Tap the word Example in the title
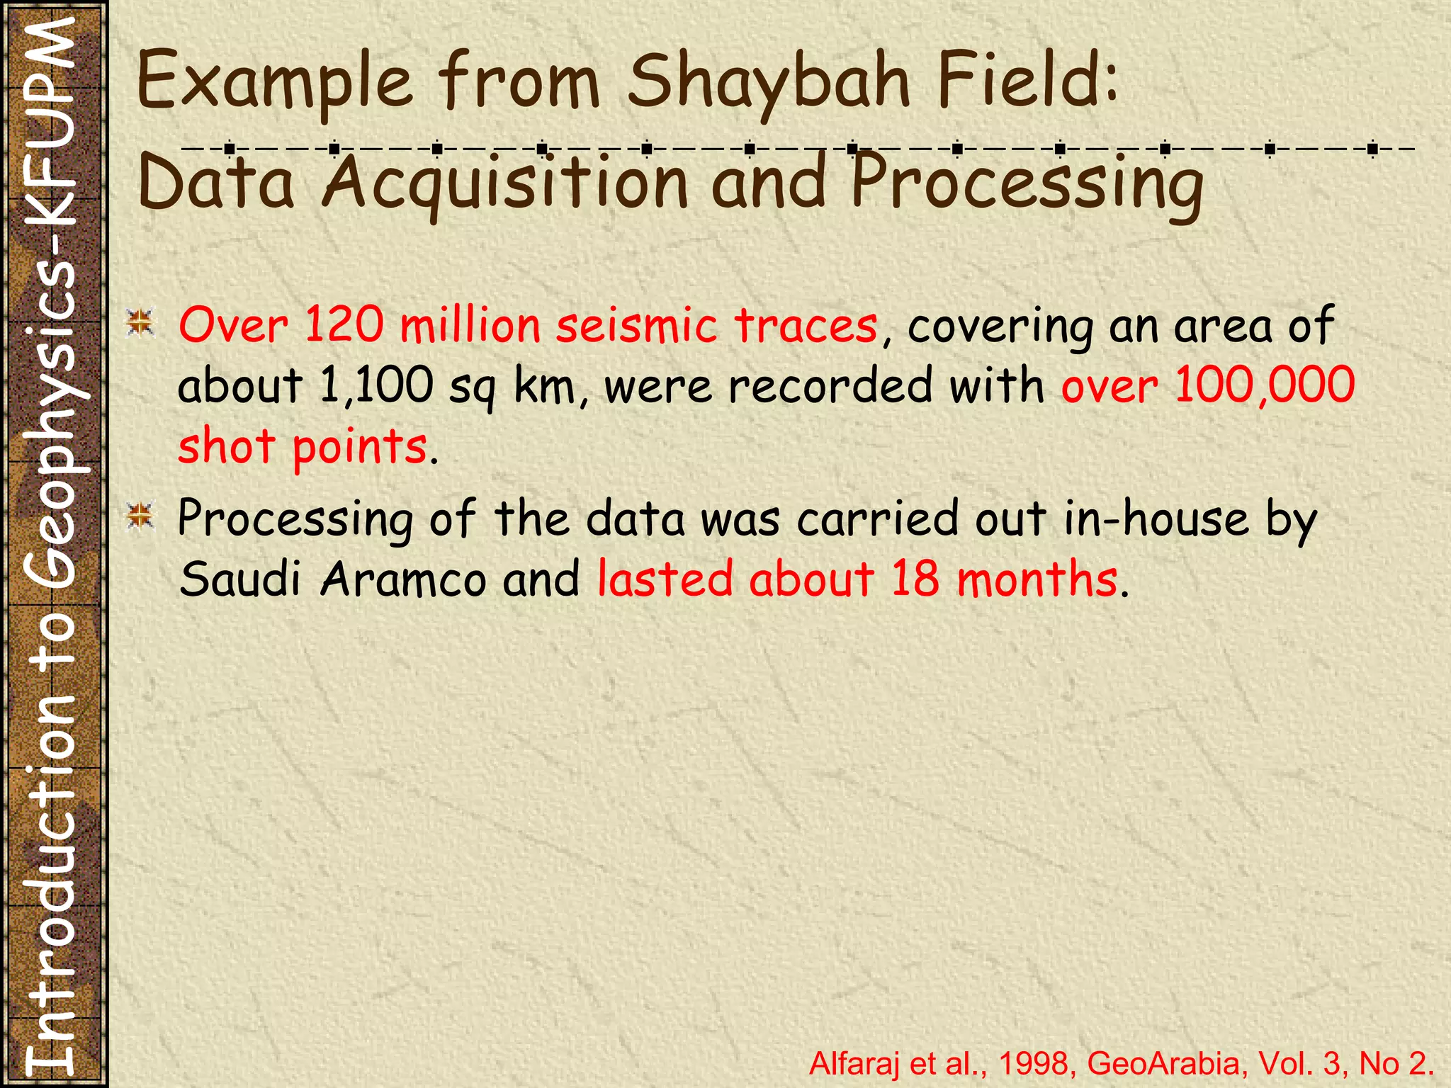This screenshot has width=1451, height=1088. click(275, 84)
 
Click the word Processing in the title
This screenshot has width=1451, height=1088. click(1027, 183)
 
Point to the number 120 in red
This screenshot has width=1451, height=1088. click(344, 326)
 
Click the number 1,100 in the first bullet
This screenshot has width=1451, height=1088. click(376, 386)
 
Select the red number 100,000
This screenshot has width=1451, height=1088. click(1265, 386)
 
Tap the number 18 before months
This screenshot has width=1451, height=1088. click(915, 579)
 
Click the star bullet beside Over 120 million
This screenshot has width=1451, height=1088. click(140, 323)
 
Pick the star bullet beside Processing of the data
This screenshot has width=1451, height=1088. click(140, 516)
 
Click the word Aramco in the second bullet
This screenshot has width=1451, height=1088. click(403, 579)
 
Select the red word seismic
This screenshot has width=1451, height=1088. click(636, 326)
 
